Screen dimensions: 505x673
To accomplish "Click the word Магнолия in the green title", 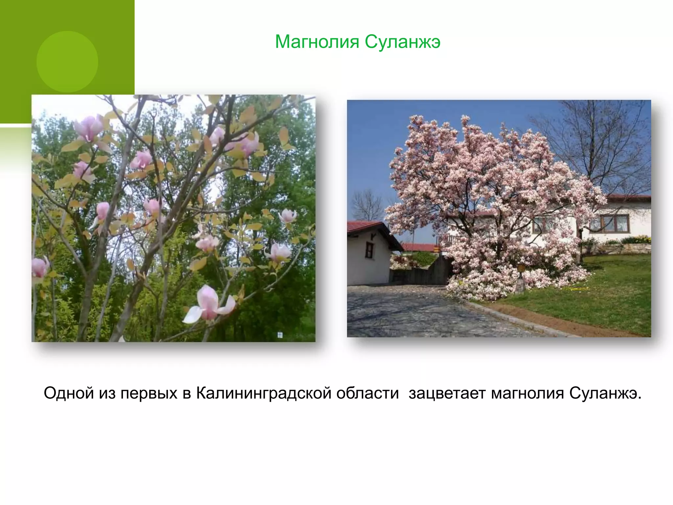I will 317,42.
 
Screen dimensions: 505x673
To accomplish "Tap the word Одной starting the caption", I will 69,393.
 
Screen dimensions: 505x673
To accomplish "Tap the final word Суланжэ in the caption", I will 605,393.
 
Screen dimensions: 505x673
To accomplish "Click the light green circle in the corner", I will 67,61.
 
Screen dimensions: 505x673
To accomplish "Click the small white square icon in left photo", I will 280,335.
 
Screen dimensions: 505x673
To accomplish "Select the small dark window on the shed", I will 370,250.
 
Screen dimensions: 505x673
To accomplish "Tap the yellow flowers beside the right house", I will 636,239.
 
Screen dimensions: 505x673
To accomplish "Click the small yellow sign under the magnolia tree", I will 521,268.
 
